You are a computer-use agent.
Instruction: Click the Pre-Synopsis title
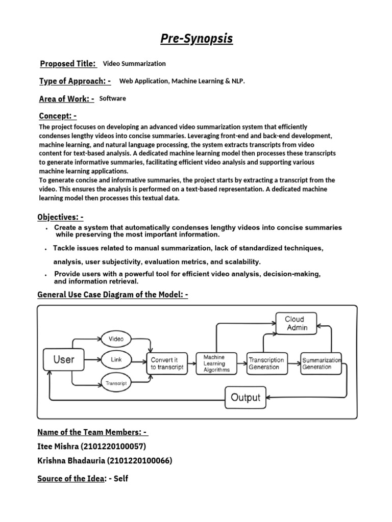click(x=196, y=39)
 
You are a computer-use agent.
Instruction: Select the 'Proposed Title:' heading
click(x=68, y=64)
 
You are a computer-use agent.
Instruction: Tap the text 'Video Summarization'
click(x=134, y=64)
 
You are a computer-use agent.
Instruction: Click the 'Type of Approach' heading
click(x=75, y=81)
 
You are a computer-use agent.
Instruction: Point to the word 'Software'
click(x=112, y=98)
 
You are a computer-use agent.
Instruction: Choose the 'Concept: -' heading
click(x=58, y=116)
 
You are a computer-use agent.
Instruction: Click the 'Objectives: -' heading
click(x=60, y=217)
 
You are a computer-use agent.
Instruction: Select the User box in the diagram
click(x=64, y=359)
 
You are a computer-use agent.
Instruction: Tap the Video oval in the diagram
click(x=116, y=339)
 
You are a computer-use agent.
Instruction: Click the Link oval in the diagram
click(x=116, y=359)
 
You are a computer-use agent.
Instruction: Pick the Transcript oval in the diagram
click(x=116, y=382)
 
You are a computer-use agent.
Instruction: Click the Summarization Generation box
click(x=321, y=363)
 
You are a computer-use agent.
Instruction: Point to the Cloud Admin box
click(x=297, y=323)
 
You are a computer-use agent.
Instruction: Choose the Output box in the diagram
click(x=246, y=398)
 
